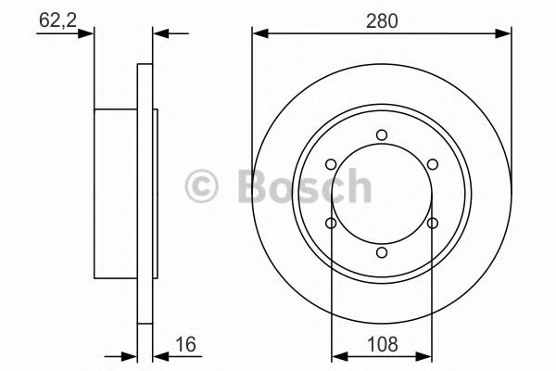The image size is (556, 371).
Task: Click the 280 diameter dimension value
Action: pyautogui.click(x=382, y=19)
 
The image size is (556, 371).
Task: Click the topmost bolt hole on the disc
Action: pyautogui.click(x=382, y=135)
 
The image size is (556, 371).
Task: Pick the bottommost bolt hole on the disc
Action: pyautogui.click(x=382, y=252)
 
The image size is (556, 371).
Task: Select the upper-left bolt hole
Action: pyautogui.click(x=331, y=165)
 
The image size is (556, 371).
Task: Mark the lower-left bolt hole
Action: pyautogui.click(x=331, y=223)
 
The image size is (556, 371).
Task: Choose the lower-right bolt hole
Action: pyautogui.click(x=433, y=223)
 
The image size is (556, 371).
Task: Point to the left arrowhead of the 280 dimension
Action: pyautogui.click(x=259, y=35)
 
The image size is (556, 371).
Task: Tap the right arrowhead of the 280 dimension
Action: pyautogui.click(x=505, y=35)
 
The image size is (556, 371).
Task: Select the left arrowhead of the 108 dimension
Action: pyautogui.click(x=338, y=354)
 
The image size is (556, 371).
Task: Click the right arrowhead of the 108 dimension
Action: pyautogui.click(x=426, y=354)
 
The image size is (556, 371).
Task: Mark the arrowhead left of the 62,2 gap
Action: pyautogui.click(x=89, y=35)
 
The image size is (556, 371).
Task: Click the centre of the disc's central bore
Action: pyautogui.click(x=382, y=194)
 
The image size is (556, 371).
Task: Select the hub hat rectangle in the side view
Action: pyautogui.click(x=116, y=194)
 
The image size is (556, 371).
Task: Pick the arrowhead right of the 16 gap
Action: pyautogui.click(x=157, y=354)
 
